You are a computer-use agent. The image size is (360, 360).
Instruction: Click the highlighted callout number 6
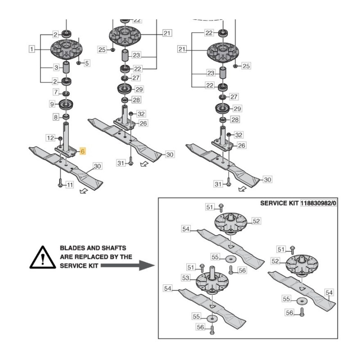83,151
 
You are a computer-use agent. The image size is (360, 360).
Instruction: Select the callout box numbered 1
31,49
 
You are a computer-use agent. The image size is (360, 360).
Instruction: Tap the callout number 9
53,104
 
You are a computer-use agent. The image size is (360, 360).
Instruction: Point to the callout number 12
50,137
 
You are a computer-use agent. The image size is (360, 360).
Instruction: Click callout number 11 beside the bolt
70,185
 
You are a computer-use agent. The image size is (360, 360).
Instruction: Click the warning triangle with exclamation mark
41,257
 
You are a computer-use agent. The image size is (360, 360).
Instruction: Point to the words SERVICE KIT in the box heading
279,203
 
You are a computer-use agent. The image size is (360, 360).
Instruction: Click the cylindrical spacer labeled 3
66,69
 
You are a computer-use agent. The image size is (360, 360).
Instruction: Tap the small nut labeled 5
79,63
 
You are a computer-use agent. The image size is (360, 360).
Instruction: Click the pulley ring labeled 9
66,105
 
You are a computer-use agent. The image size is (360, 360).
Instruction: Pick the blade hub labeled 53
208,283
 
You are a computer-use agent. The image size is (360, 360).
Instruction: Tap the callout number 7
56,92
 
